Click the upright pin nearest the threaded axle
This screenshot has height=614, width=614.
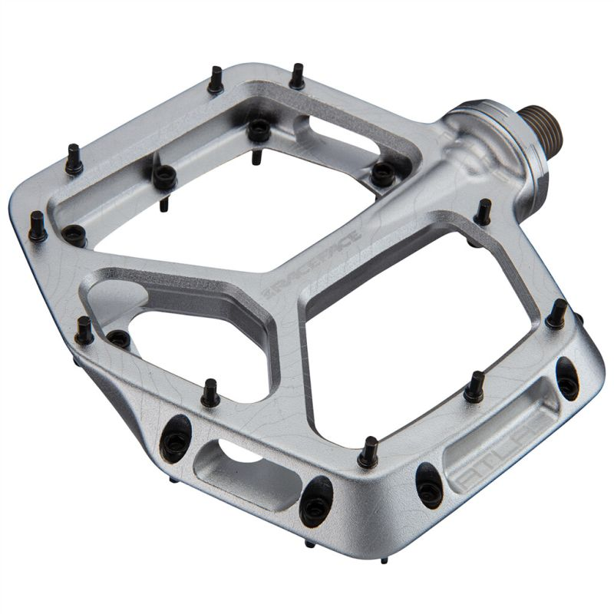[x=485, y=210]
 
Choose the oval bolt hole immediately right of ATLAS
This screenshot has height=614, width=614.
[x=567, y=378]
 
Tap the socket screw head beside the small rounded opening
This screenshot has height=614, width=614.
[x=117, y=337]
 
